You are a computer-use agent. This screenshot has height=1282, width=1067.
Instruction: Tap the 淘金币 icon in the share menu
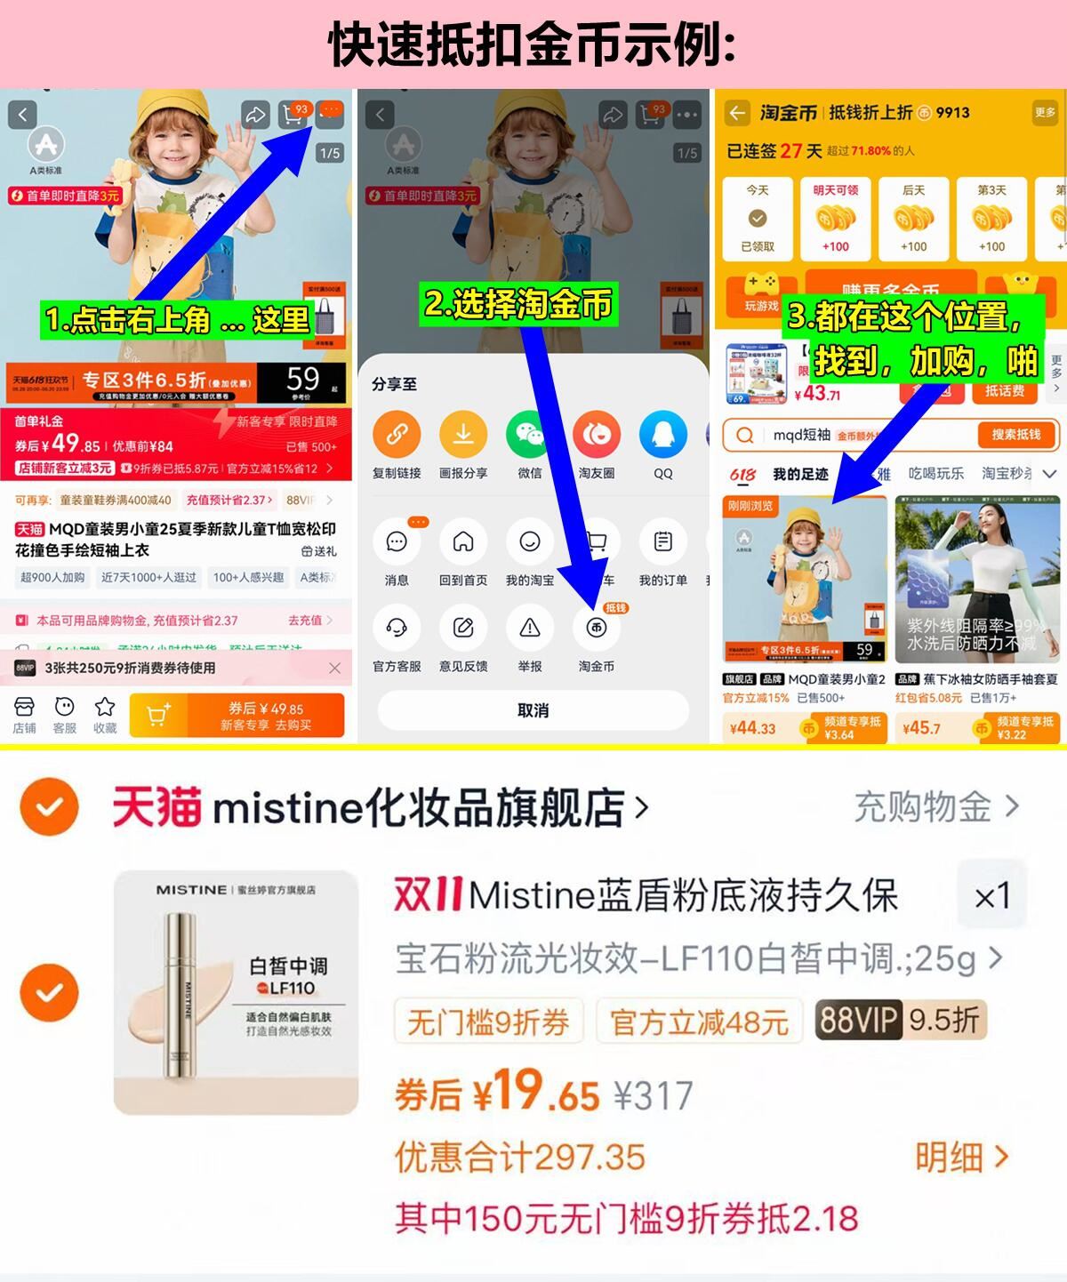tap(596, 629)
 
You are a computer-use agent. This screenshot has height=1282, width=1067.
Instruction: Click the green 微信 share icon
tap(529, 435)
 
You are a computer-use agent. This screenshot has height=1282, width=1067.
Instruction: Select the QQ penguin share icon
tap(662, 435)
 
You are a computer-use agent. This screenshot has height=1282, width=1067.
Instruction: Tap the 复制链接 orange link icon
tap(397, 435)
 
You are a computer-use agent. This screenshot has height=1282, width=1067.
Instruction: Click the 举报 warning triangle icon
tap(529, 629)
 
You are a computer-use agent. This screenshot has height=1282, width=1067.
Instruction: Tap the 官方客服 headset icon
tap(397, 629)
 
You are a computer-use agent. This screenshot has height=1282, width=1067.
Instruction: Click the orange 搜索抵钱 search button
tap(1015, 435)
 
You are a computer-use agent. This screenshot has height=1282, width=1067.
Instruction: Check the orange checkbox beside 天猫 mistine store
tap(49, 807)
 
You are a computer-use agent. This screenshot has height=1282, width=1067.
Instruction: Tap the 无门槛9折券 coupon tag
tap(487, 1022)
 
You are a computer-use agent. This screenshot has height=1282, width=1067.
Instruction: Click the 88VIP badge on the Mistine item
tap(858, 1020)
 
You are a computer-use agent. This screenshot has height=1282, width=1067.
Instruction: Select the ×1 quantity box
tap(991, 896)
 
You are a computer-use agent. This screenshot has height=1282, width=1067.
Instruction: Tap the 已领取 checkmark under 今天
tap(758, 219)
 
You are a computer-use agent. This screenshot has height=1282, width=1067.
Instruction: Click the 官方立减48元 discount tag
tap(699, 1022)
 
